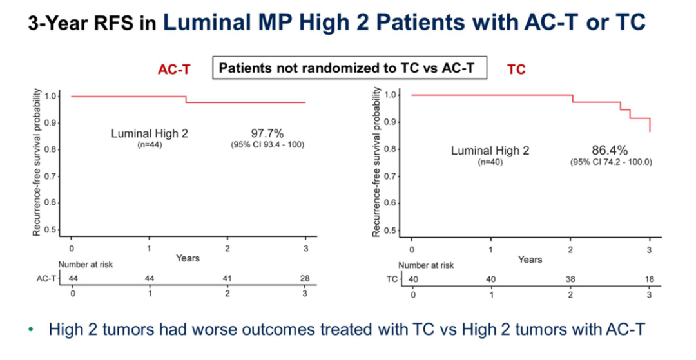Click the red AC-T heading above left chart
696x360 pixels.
[174, 70]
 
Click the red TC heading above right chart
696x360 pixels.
[516, 70]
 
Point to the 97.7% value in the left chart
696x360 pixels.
[267, 133]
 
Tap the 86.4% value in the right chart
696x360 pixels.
[609, 151]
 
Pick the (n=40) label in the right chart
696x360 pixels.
[490, 162]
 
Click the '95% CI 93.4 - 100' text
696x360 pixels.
[267, 145]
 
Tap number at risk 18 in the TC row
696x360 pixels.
[648, 279]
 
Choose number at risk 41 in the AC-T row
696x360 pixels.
[227, 278]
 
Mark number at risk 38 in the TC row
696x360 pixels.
[569, 279]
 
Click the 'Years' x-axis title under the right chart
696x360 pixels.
[530, 260]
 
